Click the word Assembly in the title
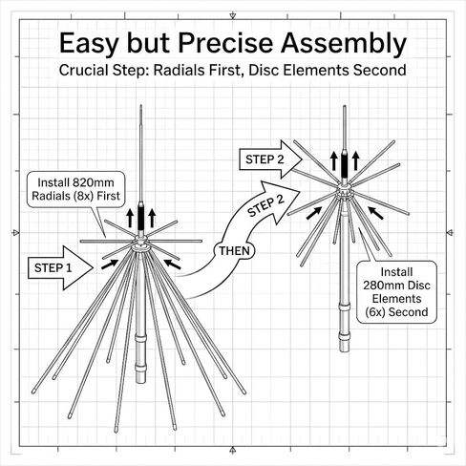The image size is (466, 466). point(344,44)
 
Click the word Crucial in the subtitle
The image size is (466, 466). point(84,70)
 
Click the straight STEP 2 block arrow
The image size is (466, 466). point(270,159)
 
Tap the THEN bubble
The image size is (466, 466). point(234,251)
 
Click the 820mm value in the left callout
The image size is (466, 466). point(94,182)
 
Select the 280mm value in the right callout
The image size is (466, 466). point(379,286)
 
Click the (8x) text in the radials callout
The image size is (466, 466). point(83,196)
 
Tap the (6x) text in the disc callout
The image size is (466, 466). point(375,312)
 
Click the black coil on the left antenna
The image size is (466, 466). point(140,217)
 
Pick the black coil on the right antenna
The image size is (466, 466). point(345,164)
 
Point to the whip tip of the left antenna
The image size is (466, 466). point(140,105)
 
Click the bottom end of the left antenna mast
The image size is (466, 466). point(140,382)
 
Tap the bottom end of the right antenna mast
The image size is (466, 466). point(344,350)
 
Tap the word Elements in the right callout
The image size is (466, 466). point(396,299)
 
